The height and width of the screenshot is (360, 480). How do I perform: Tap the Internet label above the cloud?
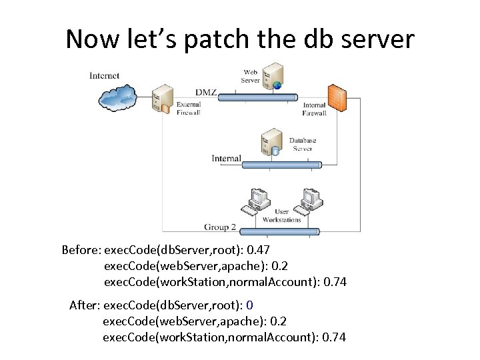click(x=104, y=75)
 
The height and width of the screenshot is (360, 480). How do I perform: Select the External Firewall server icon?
click(x=160, y=99)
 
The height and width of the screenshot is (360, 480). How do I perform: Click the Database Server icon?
click(x=271, y=143)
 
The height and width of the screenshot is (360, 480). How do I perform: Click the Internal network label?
click(x=226, y=159)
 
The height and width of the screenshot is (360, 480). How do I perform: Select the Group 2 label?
click(x=220, y=227)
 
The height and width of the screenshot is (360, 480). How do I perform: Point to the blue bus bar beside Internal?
click(x=279, y=164)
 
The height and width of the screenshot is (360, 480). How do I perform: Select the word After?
click(x=84, y=305)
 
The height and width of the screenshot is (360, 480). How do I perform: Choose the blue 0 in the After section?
click(x=249, y=305)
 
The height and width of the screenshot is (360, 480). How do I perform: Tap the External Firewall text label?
click(x=188, y=109)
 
